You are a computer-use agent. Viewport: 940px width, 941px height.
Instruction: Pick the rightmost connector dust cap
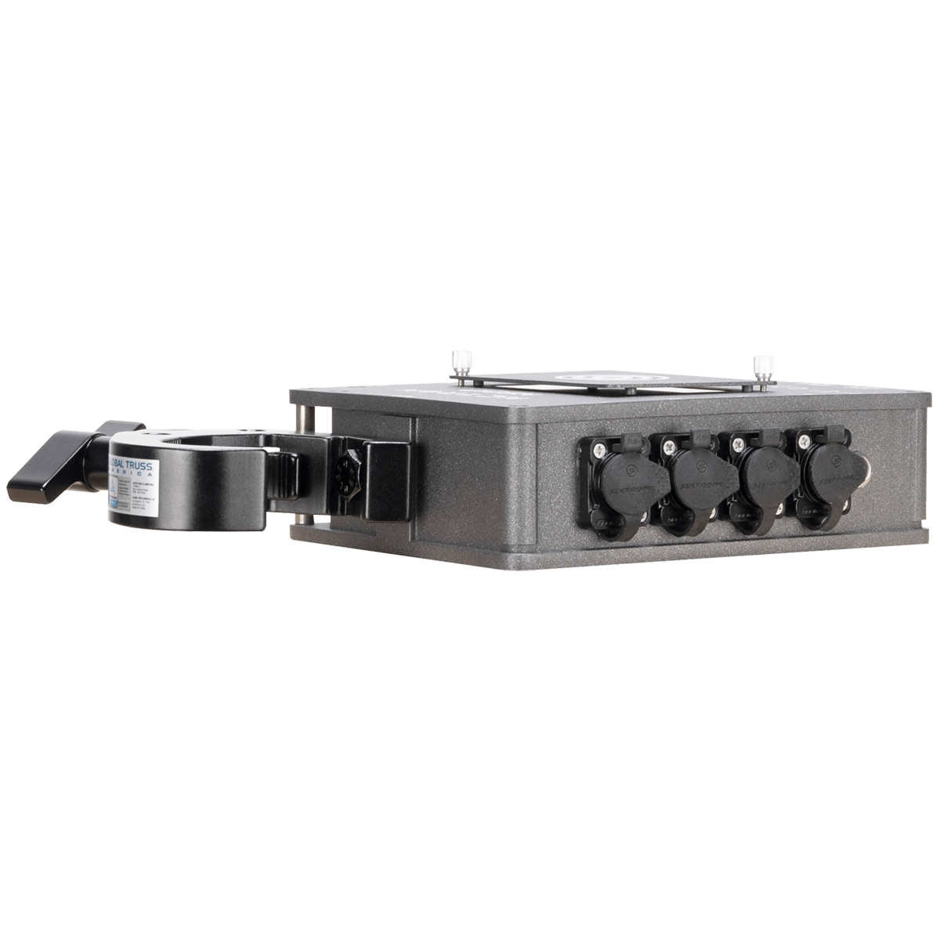[x=827, y=473]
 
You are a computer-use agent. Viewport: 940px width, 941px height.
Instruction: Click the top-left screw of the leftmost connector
[x=598, y=448]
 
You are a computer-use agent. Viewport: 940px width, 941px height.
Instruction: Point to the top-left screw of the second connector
[x=668, y=447]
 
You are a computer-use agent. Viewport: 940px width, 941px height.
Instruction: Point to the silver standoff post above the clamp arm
[x=302, y=416]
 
